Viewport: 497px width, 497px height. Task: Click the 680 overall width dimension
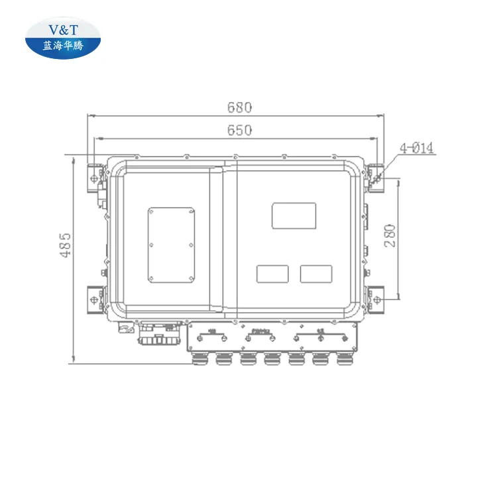(x=239, y=107)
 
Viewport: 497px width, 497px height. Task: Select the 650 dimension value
(x=239, y=131)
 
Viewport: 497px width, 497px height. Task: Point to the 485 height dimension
(x=65, y=245)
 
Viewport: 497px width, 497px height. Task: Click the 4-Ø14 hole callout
(x=417, y=148)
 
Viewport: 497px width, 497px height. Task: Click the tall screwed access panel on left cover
(x=171, y=245)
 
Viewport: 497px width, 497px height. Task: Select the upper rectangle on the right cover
(x=294, y=215)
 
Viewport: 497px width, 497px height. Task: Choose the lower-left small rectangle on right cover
(x=272, y=273)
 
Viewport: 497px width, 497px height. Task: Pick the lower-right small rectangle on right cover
(x=315, y=273)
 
